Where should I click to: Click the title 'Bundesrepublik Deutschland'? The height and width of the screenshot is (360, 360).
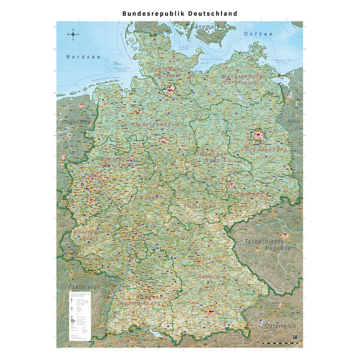(179, 13)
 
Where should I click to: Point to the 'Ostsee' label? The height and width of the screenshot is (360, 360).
(258, 34)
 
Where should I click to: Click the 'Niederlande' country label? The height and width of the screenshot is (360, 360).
(76, 122)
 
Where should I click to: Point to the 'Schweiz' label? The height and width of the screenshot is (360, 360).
(146, 340)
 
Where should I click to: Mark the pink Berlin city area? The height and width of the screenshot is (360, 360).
(258, 136)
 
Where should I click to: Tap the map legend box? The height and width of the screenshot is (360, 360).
(79, 316)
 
